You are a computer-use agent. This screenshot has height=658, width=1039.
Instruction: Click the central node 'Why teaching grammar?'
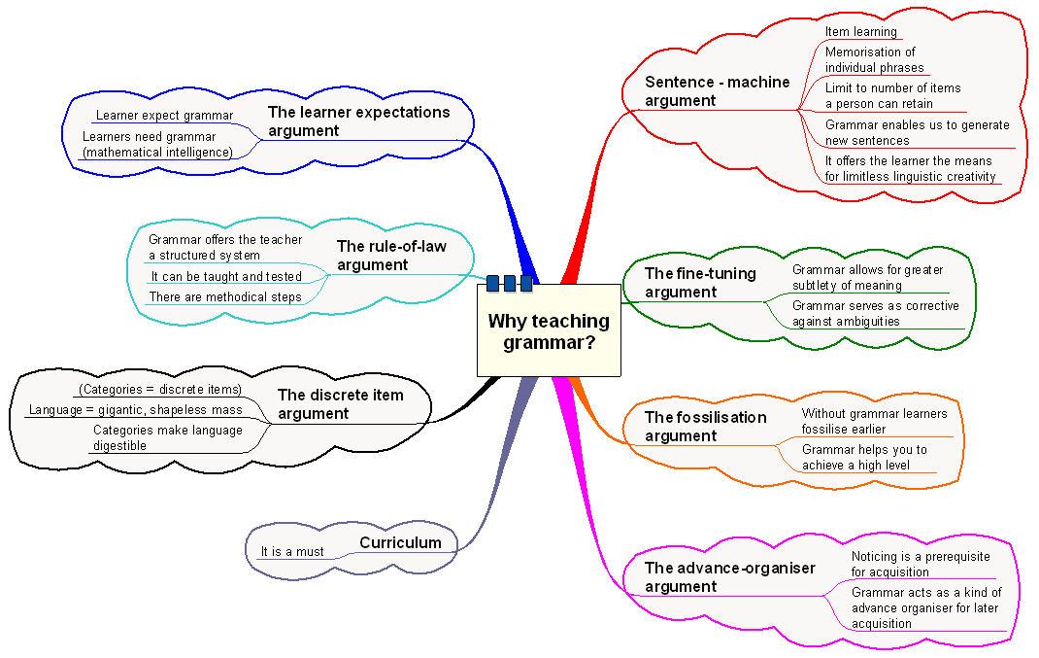(x=549, y=331)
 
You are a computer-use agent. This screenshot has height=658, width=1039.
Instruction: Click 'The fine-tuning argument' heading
(x=700, y=283)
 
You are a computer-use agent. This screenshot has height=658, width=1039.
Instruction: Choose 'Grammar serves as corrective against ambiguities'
(x=875, y=313)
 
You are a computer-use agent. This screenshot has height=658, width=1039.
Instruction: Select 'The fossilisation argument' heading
(x=705, y=427)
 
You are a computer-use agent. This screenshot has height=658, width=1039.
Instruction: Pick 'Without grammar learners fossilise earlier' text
(x=874, y=421)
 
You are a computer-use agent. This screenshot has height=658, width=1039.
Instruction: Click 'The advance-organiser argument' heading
(x=729, y=577)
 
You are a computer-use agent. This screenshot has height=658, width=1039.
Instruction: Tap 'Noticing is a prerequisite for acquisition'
(x=921, y=564)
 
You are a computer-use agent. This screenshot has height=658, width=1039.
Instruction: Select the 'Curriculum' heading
(x=400, y=542)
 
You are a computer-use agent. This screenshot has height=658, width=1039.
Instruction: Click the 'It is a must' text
(x=292, y=552)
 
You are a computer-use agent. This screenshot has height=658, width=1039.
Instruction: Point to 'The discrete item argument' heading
(x=341, y=404)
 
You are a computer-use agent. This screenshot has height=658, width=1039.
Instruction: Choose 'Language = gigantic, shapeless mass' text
(x=135, y=410)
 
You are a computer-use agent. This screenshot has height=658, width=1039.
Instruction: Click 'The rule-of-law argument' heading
(x=391, y=256)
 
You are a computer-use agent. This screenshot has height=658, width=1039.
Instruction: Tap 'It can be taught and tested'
(x=226, y=277)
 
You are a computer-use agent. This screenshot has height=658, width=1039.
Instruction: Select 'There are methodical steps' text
(x=224, y=297)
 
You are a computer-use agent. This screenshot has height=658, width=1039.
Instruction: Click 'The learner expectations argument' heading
(x=358, y=121)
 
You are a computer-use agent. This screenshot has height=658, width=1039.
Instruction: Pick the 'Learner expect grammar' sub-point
(x=164, y=116)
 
